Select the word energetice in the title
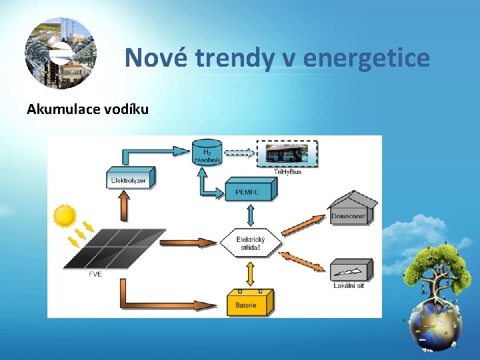pyautogui.click(x=366, y=58)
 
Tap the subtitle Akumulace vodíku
pyautogui.click(x=87, y=109)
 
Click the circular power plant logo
pyautogui.click(x=61, y=53)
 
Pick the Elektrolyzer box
pyautogui.click(x=129, y=179)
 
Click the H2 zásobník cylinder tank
pyautogui.click(x=207, y=152)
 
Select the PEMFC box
pyautogui.click(x=251, y=191)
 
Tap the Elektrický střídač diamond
pyautogui.click(x=251, y=243)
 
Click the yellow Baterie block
pyautogui.click(x=250, y=303)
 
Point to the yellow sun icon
pyautogui.click(x=65, y=216)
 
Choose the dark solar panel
pyautogui.click(x=119, y=248)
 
